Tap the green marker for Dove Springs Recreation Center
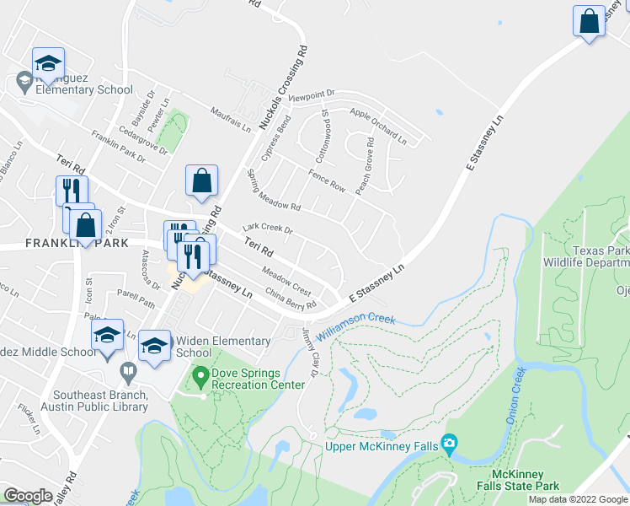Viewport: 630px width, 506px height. click(200, 374)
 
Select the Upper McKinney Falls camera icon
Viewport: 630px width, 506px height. click(450, 443)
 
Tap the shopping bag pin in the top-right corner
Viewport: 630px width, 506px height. click(590, 21)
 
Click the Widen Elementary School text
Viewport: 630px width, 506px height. click(224, 347)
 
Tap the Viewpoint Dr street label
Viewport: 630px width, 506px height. click(312, 97)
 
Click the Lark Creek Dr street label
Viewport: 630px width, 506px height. click(267, 229)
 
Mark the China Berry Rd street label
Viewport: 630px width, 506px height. click(291, 299)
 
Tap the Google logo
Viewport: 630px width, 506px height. click(29, 496)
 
